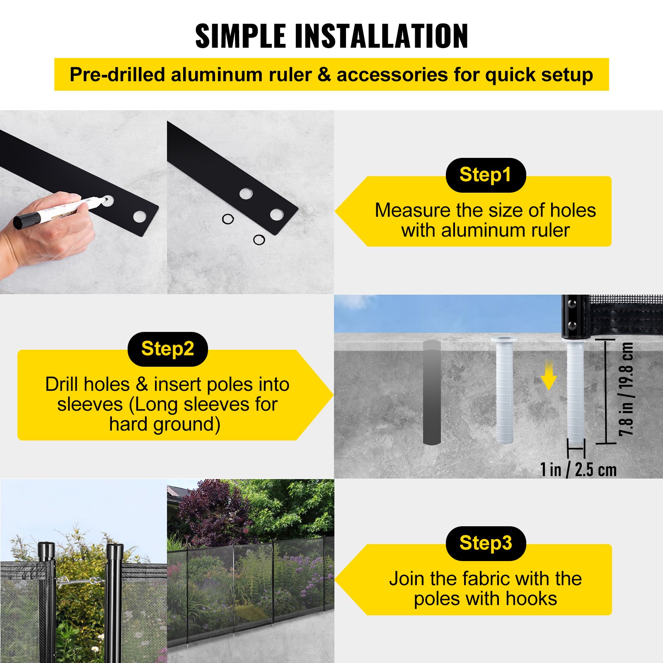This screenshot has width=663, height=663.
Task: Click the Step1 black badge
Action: (x=485, y=175)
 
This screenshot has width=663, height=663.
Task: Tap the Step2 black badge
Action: (x=167, y=349)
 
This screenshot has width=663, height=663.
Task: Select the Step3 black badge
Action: (x=485, y=543)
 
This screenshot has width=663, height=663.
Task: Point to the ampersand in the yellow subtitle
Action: (x=324, y=75)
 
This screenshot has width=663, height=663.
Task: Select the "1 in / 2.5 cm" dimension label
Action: (x=578, y=469)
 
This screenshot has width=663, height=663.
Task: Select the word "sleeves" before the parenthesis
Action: (x=90, y=404)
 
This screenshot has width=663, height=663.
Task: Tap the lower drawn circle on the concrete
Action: (x=259, y=240)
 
